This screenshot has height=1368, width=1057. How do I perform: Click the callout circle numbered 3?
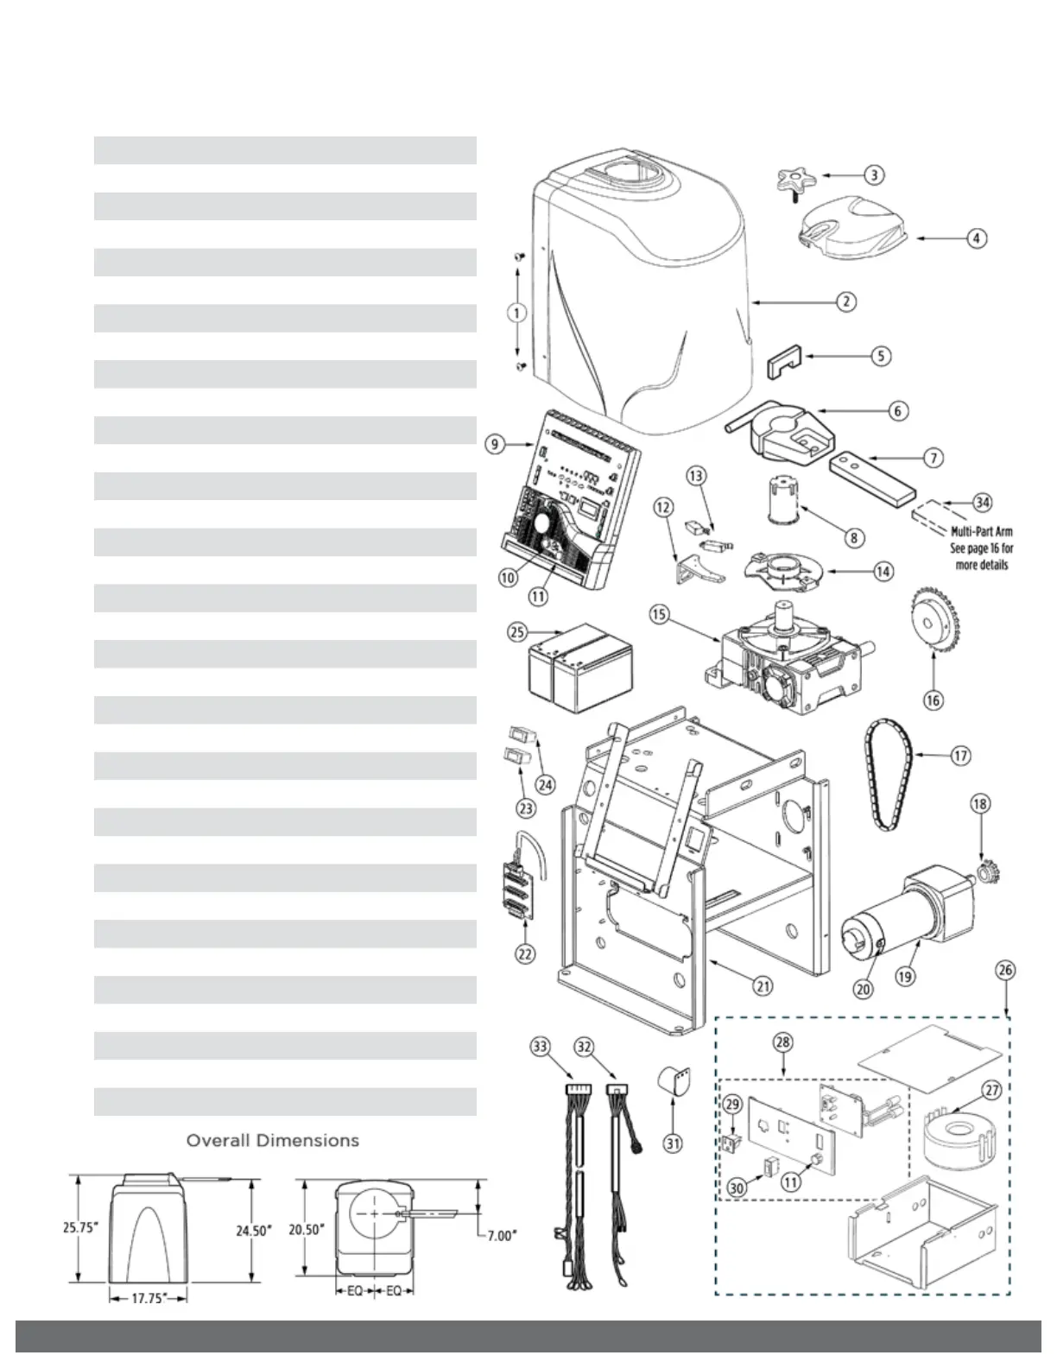(x=875, y=174)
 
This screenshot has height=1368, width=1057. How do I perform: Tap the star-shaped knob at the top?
(x=793, y=183)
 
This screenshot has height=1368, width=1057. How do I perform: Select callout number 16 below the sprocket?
(x=934, y=700)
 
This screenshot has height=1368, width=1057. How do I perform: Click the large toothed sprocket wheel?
(x=933, y=620)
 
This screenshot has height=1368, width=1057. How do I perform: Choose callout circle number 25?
(x=516, y=631)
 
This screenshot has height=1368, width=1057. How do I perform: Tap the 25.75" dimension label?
(x=78, y=1227)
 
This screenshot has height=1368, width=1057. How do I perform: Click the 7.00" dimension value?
(x=500, y=1236)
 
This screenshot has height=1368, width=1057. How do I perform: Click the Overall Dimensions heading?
(x=272, y=1140)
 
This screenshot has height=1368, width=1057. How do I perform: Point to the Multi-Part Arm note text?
(x=982, y=548)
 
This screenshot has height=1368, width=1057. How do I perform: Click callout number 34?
(x=982, y=502)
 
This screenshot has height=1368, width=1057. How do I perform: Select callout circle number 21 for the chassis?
(x=763, y=985)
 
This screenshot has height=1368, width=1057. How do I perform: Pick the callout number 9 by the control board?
(x=494, y=444)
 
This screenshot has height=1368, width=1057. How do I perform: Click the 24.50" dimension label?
(x=254, y=1231)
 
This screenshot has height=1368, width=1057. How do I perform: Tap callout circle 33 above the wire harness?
(x=540, y=1047)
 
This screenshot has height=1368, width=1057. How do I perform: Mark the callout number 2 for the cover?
(x=846, y=301)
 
